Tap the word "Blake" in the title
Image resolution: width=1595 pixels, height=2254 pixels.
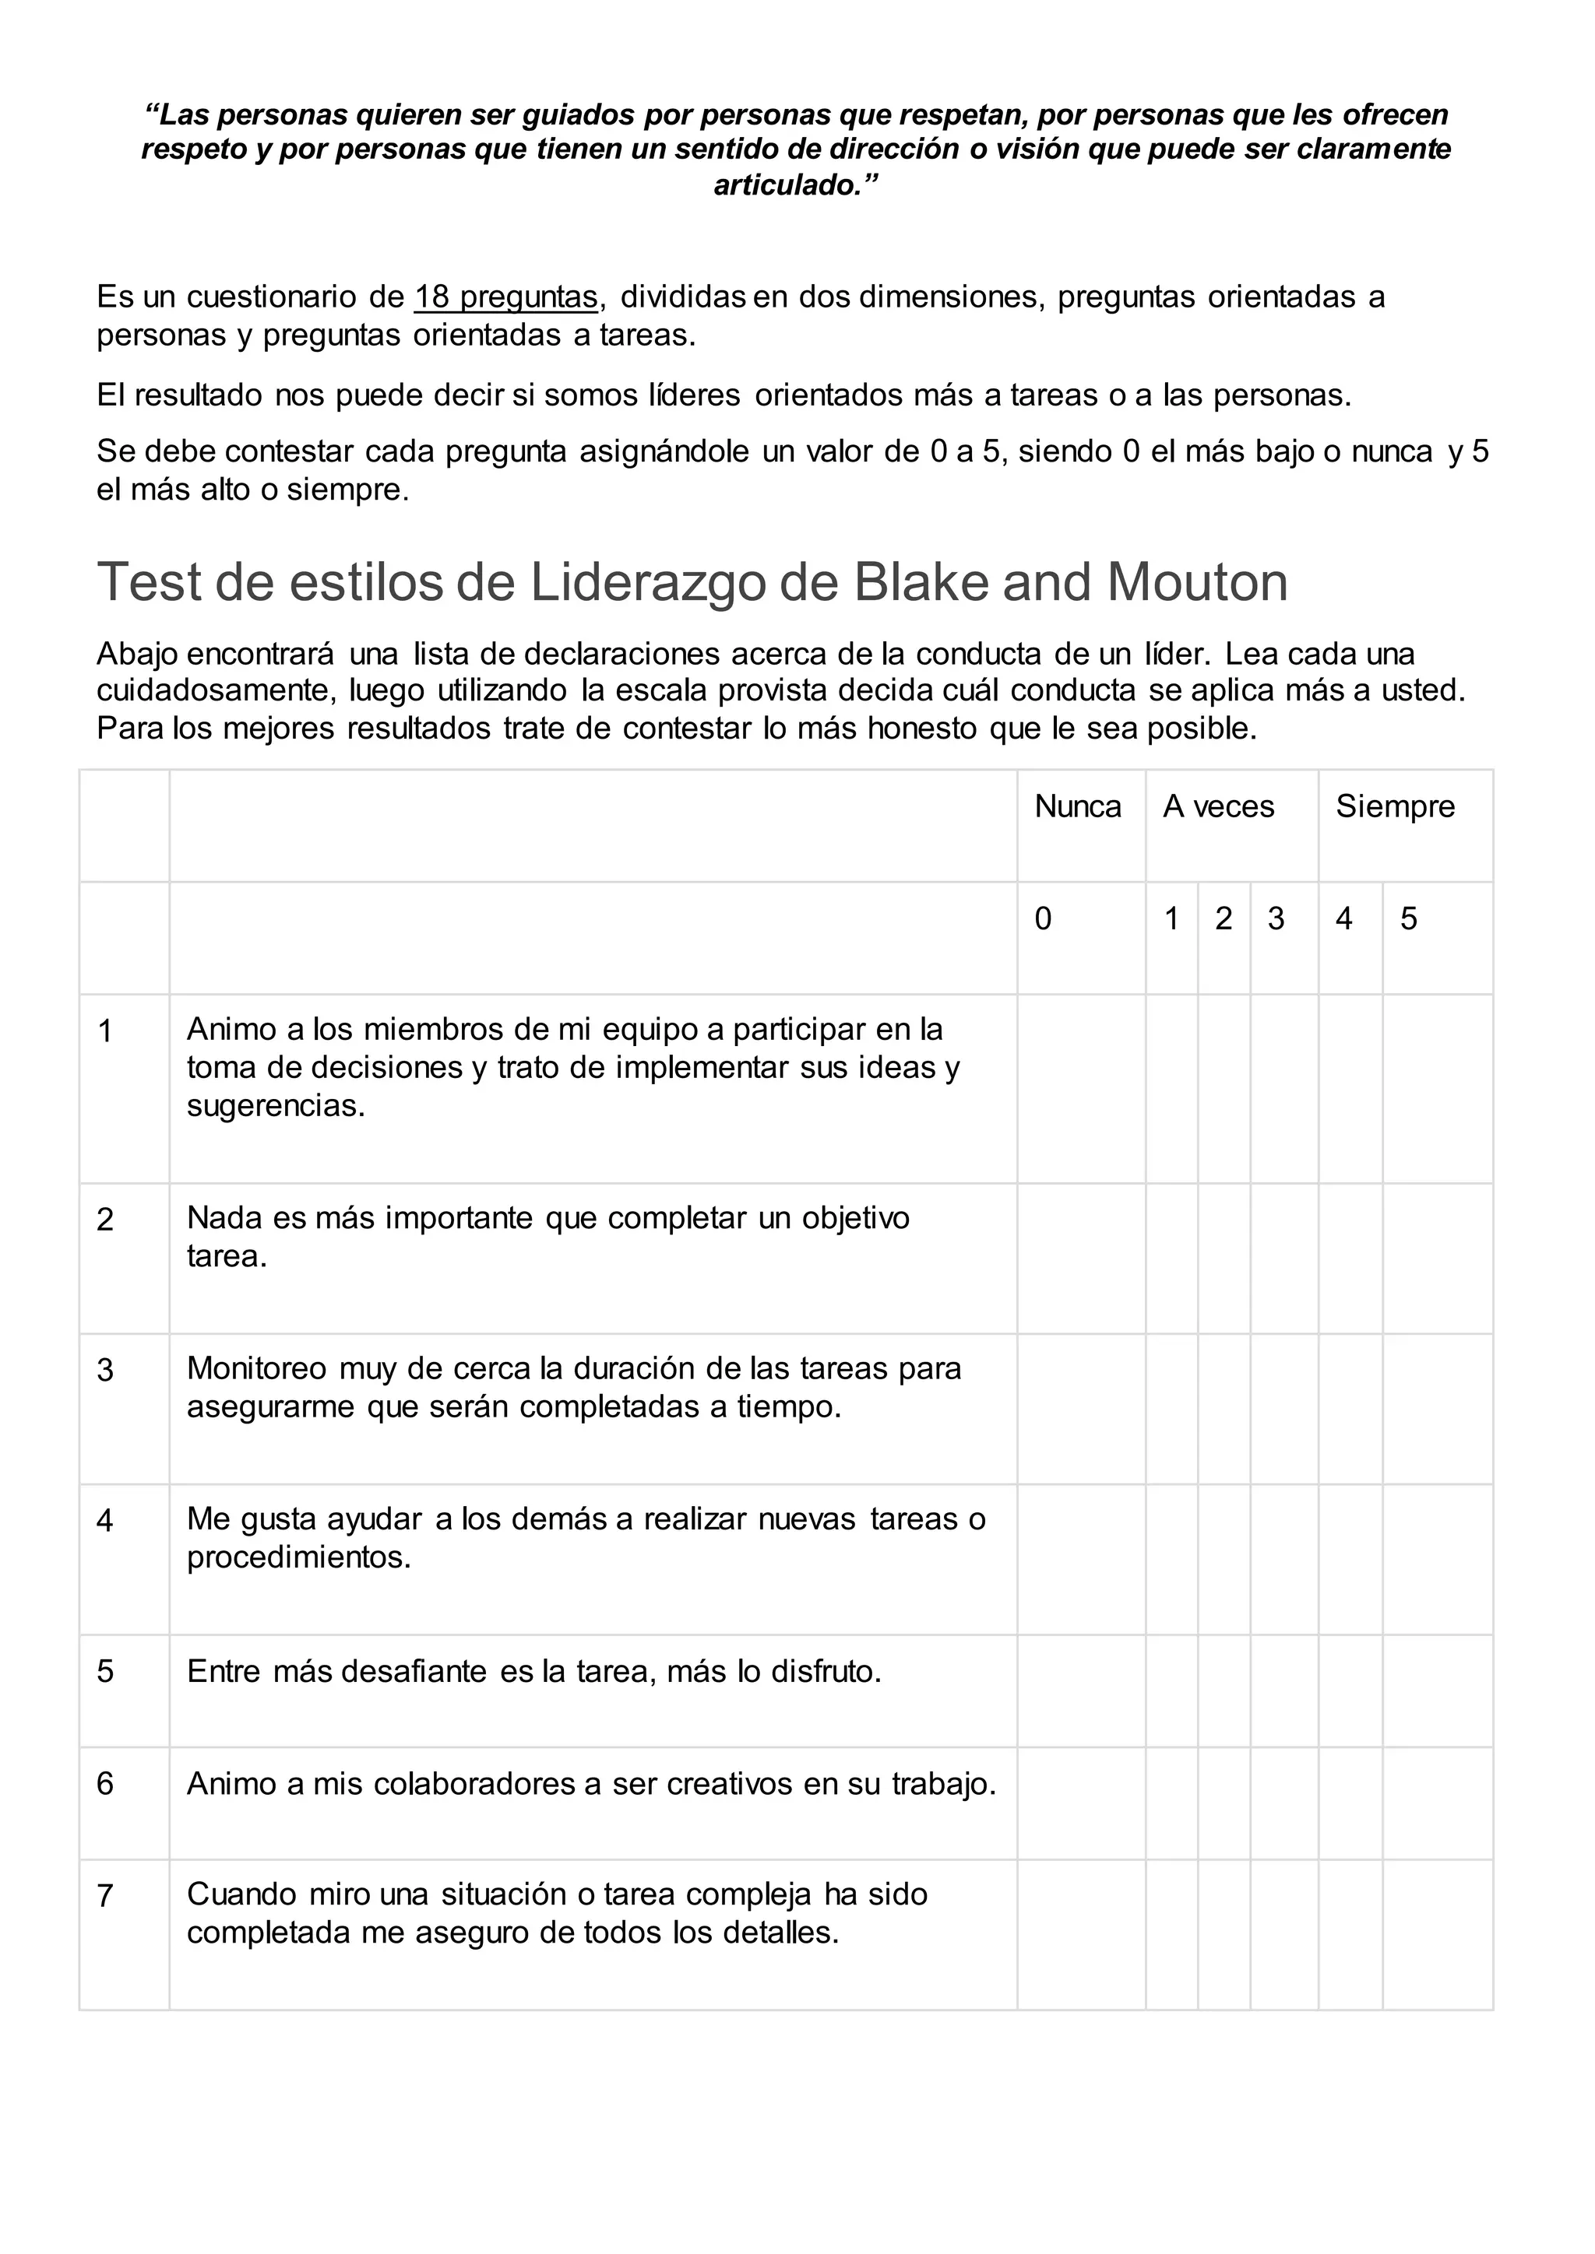[x=922, y=582]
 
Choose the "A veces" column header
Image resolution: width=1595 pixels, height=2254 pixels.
[x=1218, y=807]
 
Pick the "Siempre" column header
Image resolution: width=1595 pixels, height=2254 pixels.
[x=1395, y=807]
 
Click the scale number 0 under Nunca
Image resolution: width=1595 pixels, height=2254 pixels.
[x=1043, y=919]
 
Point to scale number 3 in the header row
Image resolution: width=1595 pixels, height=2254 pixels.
[x=1275, y=919]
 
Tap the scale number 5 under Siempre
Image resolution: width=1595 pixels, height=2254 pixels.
[x=1408, y=919]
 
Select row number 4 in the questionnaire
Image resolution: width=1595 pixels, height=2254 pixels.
[x=105, y=1522]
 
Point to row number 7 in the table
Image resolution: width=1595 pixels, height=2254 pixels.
[x=105, y=1896]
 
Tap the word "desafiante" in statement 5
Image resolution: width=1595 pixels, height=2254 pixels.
[x=414, y=1672]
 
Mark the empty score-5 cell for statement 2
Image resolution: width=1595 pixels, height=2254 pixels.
[x=1437, y=1259]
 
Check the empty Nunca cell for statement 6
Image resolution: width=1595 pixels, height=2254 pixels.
[x=1080, y=1803]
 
